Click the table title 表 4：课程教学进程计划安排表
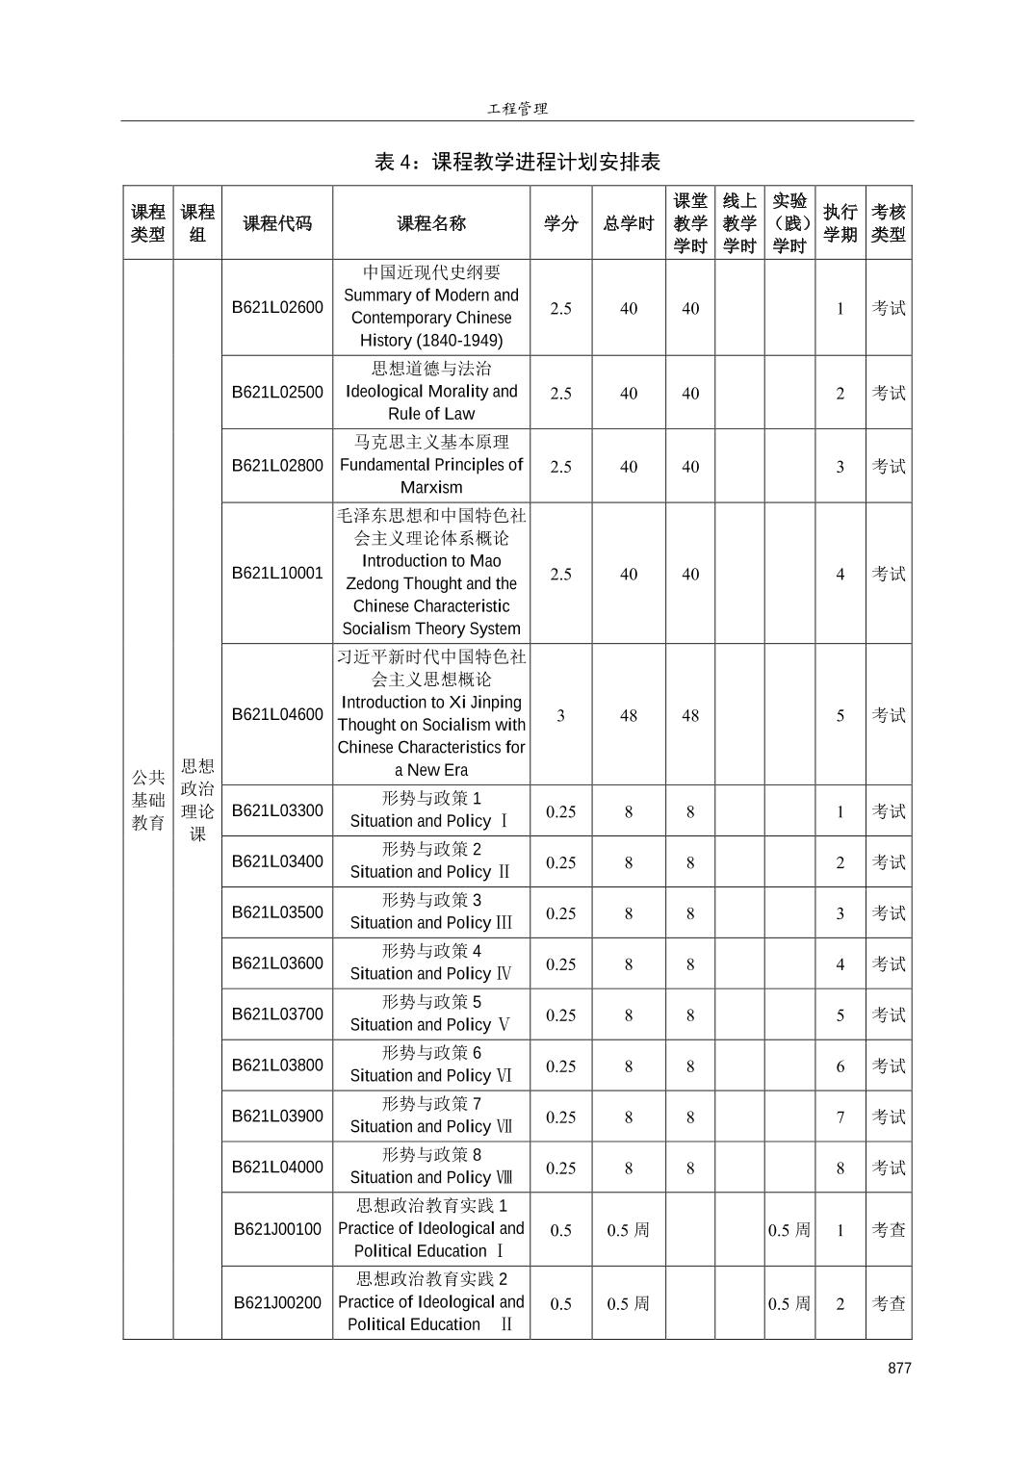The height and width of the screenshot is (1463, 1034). coord(517,162)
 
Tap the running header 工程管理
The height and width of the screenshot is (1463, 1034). coord(517,109)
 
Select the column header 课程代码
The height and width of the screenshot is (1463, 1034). coord(277,223)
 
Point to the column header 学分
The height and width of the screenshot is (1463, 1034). coord(560,223)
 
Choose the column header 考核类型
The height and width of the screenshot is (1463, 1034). coord(888,223)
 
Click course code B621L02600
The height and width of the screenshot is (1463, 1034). coord(277,307)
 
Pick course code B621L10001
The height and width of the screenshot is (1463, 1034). coord(277,573)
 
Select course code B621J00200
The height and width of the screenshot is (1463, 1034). coord(277,1302)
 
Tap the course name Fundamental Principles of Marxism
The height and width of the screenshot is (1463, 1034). coord(431,475)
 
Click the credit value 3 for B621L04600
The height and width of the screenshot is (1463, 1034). coord(560,715)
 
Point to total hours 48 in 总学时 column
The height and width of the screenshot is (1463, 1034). coord(628,715)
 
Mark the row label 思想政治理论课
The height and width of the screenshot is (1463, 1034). coord(197,799)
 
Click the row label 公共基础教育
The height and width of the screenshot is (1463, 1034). coord(148,799)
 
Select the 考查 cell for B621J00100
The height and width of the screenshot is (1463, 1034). coord(888,1229)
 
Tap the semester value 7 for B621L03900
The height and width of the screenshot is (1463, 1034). coord(840,1116)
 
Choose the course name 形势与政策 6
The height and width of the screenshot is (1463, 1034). coord(431,1052)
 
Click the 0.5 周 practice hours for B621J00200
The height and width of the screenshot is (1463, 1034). coord(788,1303)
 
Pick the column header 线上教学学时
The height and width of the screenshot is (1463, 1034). coord(739,223)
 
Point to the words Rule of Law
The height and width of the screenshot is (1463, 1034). coord(431,414)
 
